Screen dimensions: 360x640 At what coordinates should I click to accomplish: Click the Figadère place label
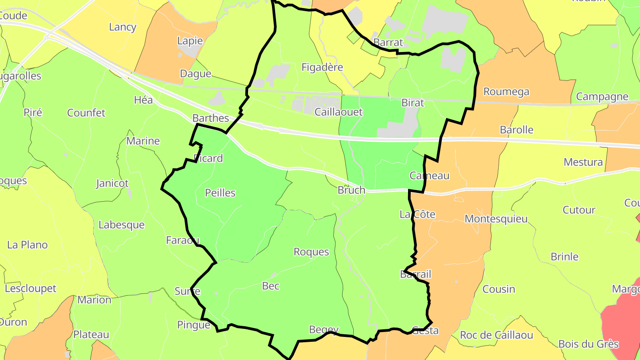(322, 68)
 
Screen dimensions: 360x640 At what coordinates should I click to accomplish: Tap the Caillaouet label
(338, 112)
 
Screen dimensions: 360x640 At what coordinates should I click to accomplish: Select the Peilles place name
(220, 193)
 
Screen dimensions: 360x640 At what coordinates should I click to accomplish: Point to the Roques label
(311, 252)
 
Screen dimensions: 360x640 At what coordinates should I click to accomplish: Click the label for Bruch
(351, 190)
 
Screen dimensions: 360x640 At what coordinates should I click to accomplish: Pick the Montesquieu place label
(496, 219)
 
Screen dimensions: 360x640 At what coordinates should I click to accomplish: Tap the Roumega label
(506, 92)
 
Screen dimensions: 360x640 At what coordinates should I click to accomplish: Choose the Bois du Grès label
(588, 344)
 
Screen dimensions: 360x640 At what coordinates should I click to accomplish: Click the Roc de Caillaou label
(496, 335)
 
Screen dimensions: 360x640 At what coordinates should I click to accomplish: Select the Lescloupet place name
(31, 288)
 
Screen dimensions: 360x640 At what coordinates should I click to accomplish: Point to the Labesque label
(121, 225)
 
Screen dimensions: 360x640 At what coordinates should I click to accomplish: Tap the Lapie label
(190, 41)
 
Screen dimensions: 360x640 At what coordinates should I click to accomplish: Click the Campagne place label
(602, 96)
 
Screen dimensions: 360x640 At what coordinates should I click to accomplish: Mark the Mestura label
(583, 162)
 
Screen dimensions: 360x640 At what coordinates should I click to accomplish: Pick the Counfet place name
(86, 113)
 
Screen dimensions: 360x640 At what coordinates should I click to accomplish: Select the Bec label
(271, 286)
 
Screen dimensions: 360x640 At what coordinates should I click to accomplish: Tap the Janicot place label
(112, 183)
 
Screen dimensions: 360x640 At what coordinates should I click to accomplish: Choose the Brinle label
(564, 257)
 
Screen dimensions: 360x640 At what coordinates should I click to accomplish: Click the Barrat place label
(388, 43)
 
